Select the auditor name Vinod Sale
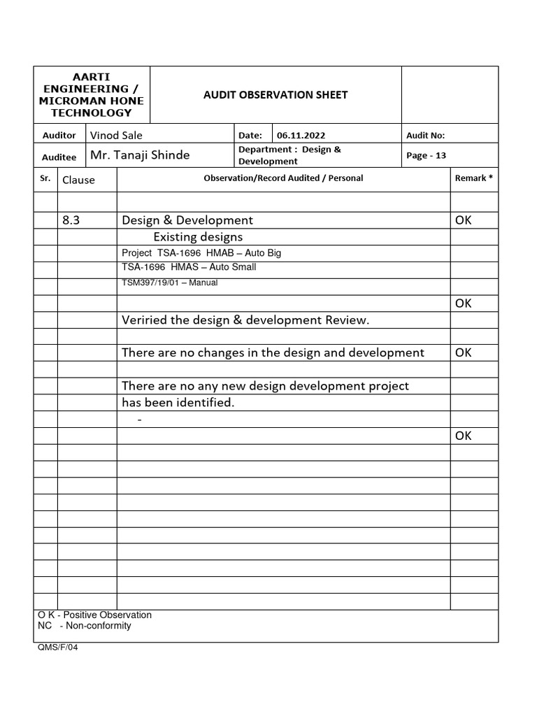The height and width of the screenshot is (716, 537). pos(116,136)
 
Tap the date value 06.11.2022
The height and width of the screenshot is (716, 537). pos(301,136)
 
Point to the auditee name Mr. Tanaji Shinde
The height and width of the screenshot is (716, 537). pos(140,155)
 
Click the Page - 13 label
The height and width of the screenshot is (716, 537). pos(426,156)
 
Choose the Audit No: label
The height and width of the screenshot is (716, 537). pos(425,136)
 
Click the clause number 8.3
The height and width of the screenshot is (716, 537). pos(71,220)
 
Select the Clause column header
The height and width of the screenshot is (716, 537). pos(78,180)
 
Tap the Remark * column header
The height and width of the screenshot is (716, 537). pos(473,178)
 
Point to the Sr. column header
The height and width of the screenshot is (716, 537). pos(45,178)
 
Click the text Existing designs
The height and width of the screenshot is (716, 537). pos(198,237)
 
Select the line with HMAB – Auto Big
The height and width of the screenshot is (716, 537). pos(201,253)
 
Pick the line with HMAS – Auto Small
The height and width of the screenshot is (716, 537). pos(189,267)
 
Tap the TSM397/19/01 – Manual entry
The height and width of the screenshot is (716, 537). pos(170,282)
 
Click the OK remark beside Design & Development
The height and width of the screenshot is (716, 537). pos(464,220)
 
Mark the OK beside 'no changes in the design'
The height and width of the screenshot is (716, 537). pos(464,352)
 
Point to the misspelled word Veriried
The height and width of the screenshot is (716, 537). pos(144,320)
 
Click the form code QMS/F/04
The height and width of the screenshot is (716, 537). pos(59,647)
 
